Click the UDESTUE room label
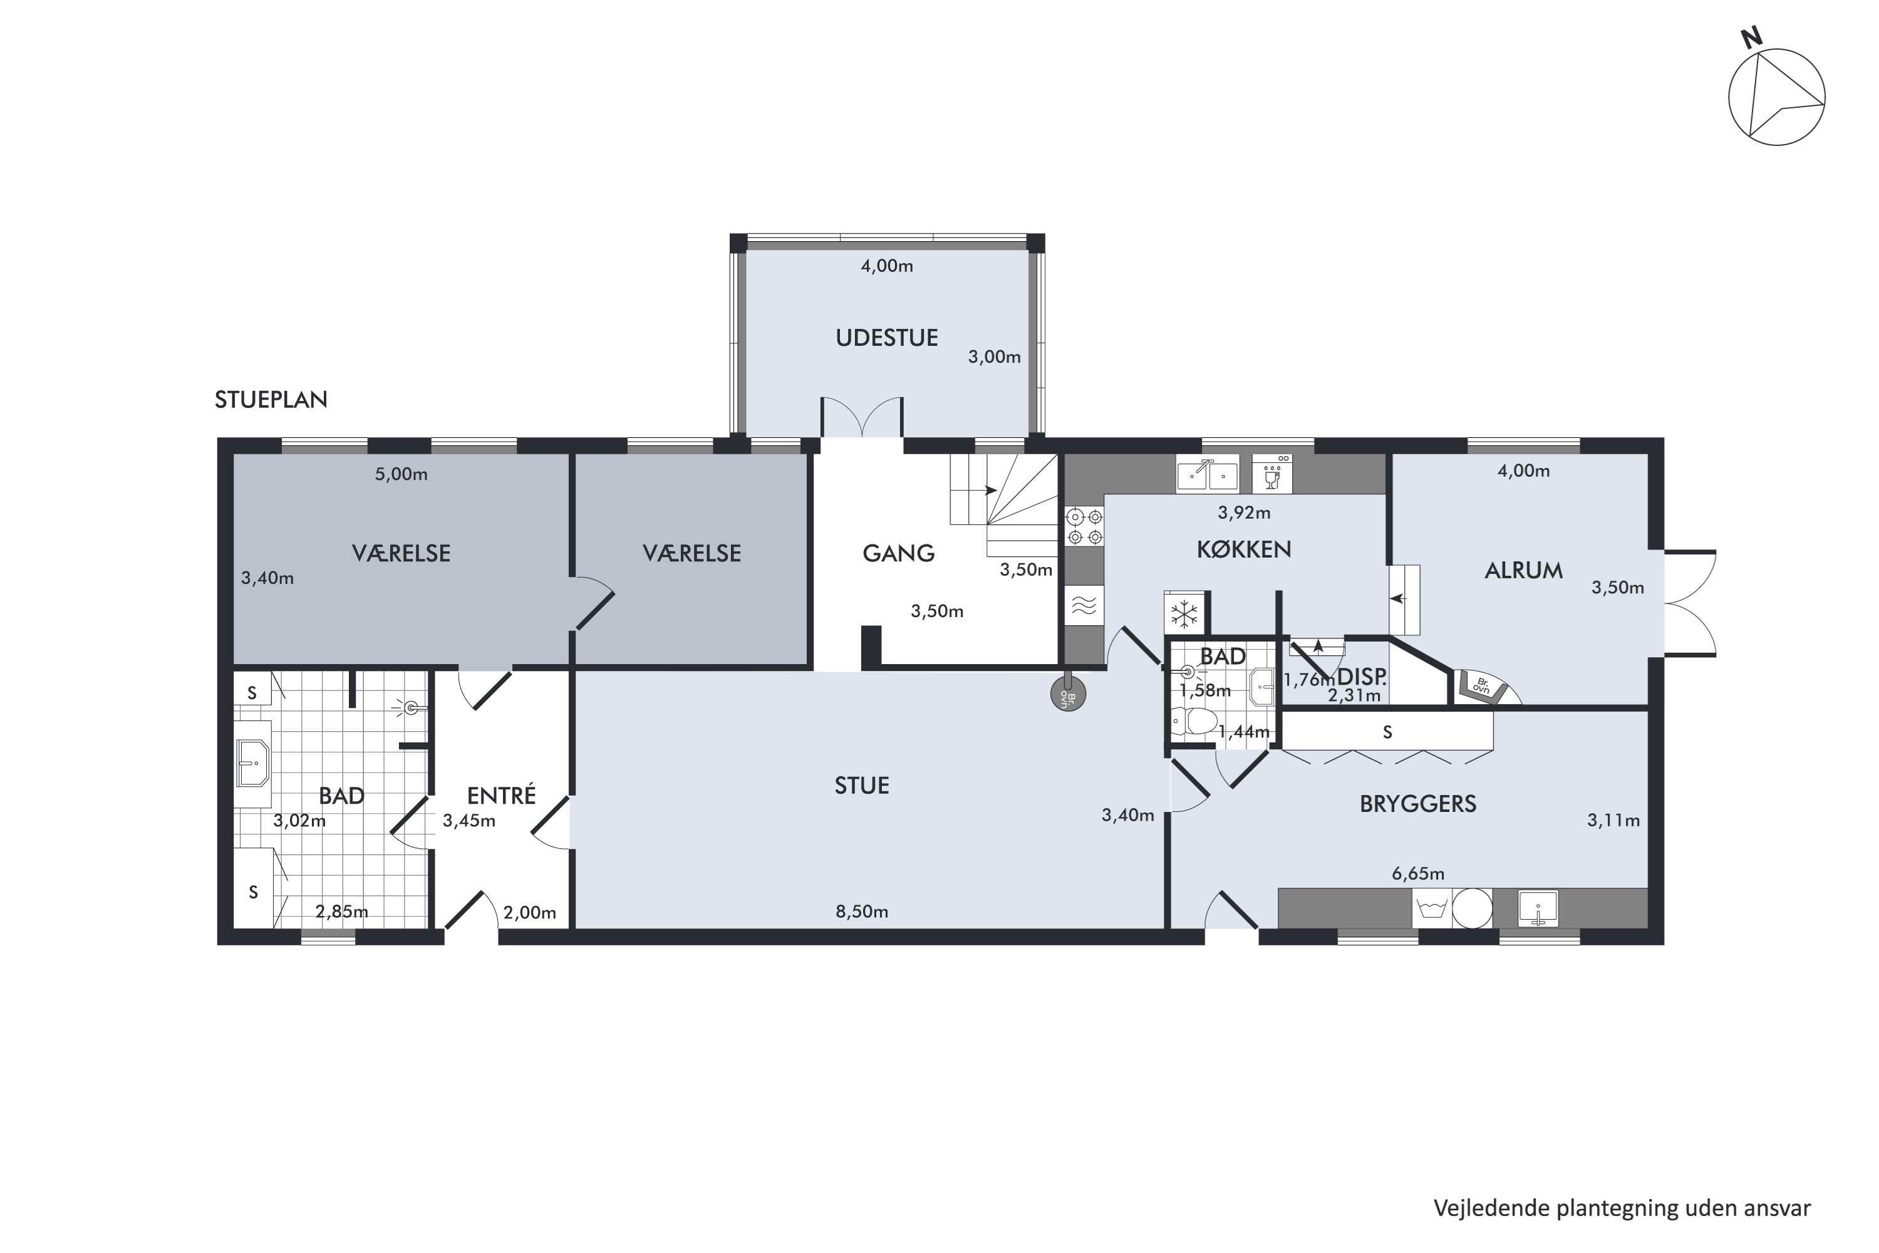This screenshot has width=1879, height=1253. point(887,338)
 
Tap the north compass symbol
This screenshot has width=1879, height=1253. point(1776,95)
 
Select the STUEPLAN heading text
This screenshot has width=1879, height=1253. point(271,400)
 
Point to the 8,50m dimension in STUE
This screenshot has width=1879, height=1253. point(862,912)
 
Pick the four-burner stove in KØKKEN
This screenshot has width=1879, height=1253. point(1085,528)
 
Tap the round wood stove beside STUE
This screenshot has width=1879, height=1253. point(1068,693)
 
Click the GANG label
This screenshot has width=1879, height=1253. point(899,553)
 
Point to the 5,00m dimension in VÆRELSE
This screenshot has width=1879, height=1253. point(401,475)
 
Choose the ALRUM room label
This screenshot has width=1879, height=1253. point(1523,571)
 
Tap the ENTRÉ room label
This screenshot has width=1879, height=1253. point(502,795)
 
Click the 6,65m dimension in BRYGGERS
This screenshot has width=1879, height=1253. point(1418,873)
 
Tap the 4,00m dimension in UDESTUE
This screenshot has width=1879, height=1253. point(887,266)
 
